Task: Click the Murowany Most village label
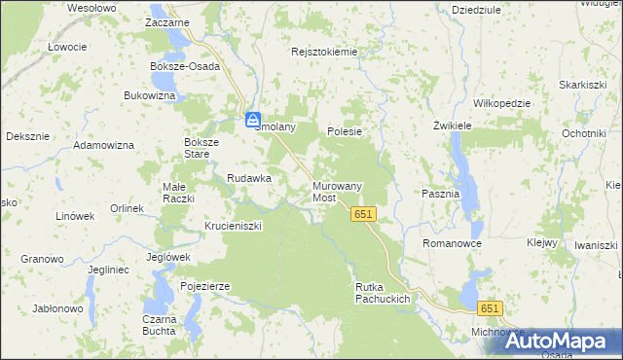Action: point(337,191)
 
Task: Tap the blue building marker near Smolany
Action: point(252,120)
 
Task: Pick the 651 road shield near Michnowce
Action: point(489,308)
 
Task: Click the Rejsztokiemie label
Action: point(325,52)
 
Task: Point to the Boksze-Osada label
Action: point(185,66)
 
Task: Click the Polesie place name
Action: point(345,131)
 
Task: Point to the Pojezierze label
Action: point(204,286)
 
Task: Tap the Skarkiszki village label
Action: point(583,85)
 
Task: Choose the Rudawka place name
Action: point(248,178)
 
